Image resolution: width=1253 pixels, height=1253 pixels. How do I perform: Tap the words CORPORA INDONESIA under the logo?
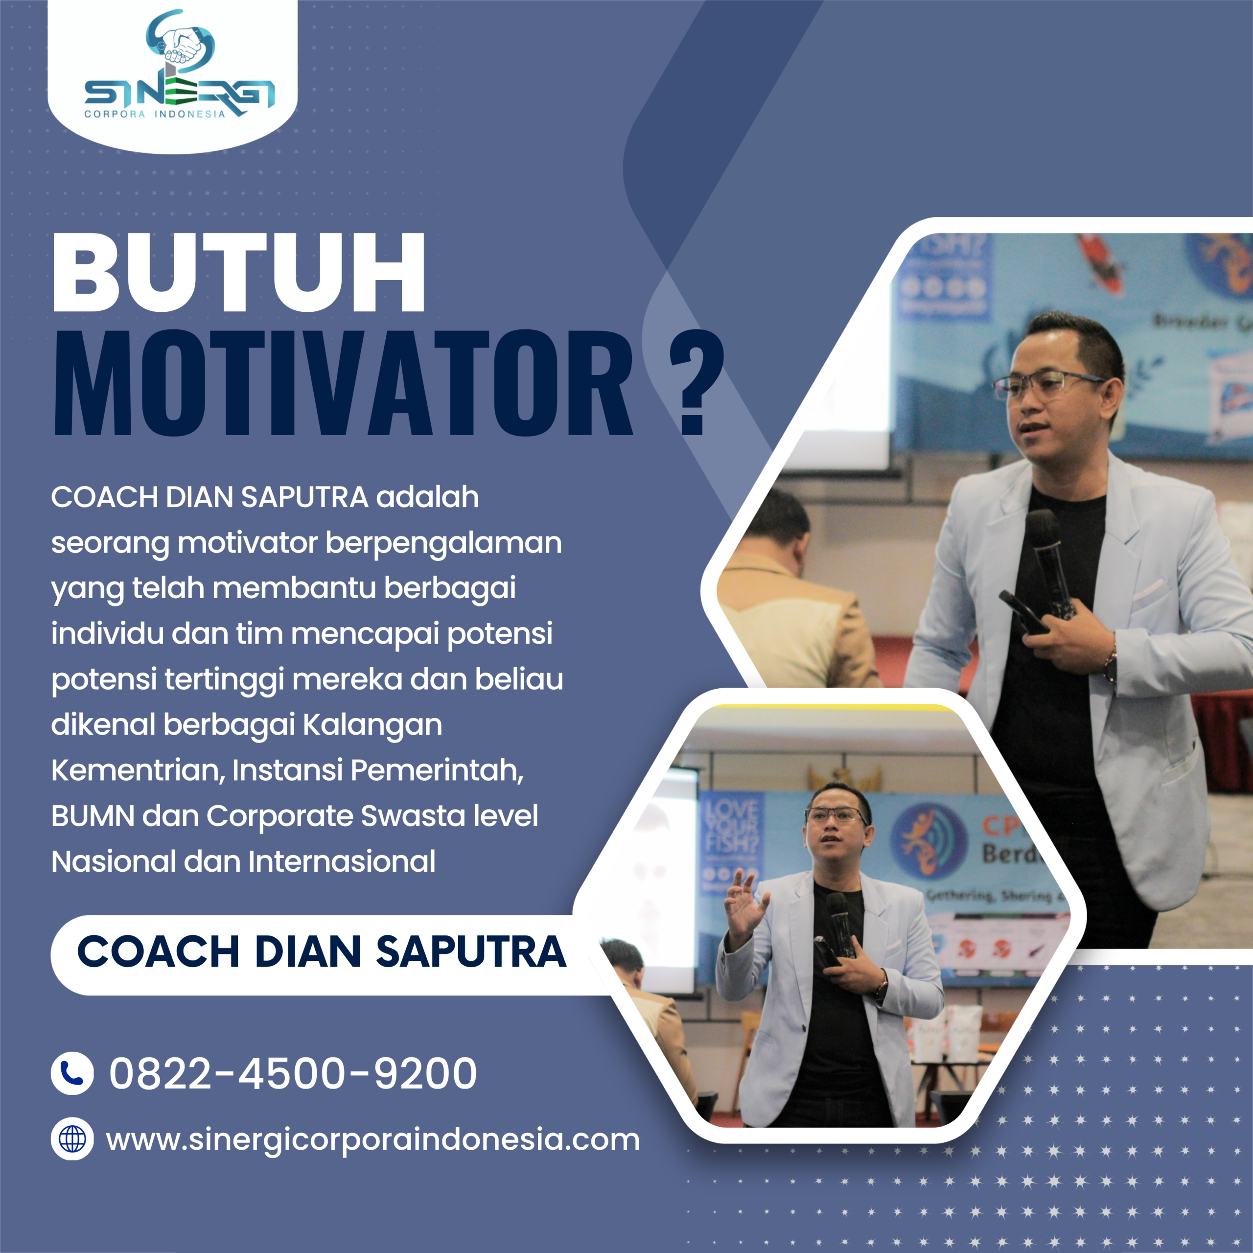(155, 114)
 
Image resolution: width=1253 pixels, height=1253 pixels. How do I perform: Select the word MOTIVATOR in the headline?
(343, 384)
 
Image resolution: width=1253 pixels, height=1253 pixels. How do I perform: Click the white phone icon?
(72, 1073)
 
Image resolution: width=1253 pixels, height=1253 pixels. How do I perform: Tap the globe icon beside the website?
(72, 1139)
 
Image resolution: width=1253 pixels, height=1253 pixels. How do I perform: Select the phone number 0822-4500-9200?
(293, 1073)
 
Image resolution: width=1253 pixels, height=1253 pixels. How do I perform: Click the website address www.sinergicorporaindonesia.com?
(372, 1139)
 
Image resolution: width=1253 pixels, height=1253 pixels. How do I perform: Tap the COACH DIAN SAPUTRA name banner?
(321, 952)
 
